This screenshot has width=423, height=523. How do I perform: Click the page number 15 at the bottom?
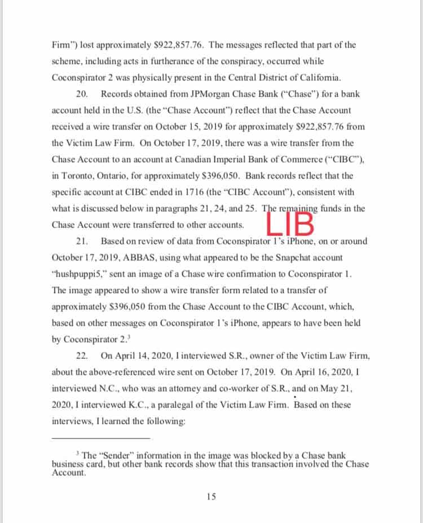[x=211, y=496]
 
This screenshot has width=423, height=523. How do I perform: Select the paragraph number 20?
[x=81, y=94]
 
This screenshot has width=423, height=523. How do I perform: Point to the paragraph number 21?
[x=81, y=241]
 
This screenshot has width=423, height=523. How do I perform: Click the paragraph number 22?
[x=81, y=356]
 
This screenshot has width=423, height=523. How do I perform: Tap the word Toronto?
[x=76, y=176]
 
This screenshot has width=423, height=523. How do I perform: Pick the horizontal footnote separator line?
[x=101, y=438]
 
